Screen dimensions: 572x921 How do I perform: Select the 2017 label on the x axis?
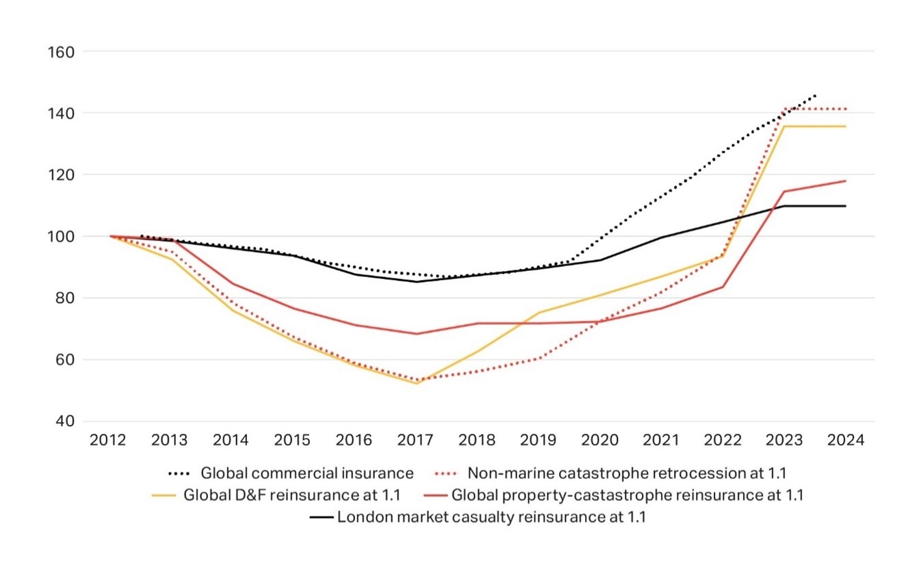click(415, 440)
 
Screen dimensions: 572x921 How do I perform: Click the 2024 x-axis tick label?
click(846, 440)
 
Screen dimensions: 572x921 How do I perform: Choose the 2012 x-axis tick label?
click(108, 440)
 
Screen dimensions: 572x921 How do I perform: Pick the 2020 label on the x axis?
click(600, 440)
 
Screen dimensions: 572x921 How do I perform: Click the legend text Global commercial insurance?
click(307, 473)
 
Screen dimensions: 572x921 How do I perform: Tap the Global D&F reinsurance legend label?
click(291, 495)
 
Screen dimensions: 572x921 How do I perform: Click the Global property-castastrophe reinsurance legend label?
click(627, 495)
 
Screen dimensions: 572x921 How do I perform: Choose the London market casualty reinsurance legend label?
click(491, 517)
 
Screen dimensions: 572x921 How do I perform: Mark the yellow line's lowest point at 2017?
click(416, 383)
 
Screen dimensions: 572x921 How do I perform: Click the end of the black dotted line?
click(815, 95)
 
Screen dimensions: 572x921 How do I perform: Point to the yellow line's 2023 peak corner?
click(785, 127)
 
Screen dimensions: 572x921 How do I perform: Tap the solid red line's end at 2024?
click(846, 181)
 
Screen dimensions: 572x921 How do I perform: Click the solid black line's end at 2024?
click(846, 206)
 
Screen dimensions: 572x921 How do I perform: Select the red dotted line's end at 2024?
click(846, 109)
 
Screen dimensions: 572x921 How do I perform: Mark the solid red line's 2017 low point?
click(416, 334)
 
